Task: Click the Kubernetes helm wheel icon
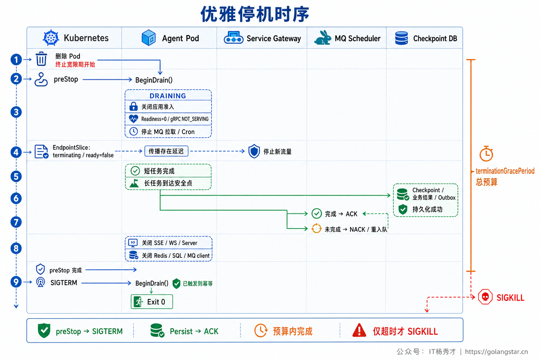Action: tap(51, 38)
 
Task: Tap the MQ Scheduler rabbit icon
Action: tap(322, 38)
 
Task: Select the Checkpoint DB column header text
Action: tap(435, 38)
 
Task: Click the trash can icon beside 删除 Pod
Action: tap(41, 59)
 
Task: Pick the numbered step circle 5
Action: tap(16, 176)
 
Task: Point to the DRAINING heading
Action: tap(168, 96)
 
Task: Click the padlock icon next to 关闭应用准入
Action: tap(133, 106)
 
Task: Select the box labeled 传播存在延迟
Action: tap(166, 151)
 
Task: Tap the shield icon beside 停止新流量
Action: tap(254, 151)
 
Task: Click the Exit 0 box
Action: tap(152, 302)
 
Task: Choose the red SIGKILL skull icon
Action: tap(485, 297)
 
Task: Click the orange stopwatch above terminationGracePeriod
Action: tap(486, 154)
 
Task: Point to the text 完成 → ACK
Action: tap(341, 214)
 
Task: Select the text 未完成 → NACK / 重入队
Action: tap(356, 229)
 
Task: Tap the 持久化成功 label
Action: tap(427, 209)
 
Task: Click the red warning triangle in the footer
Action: tap(359, 330)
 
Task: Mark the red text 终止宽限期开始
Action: tap(75, 64)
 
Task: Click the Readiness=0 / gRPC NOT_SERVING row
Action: tap(168, 119)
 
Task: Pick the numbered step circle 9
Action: tap(16, 282)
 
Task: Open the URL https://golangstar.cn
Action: tap(496, 352)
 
